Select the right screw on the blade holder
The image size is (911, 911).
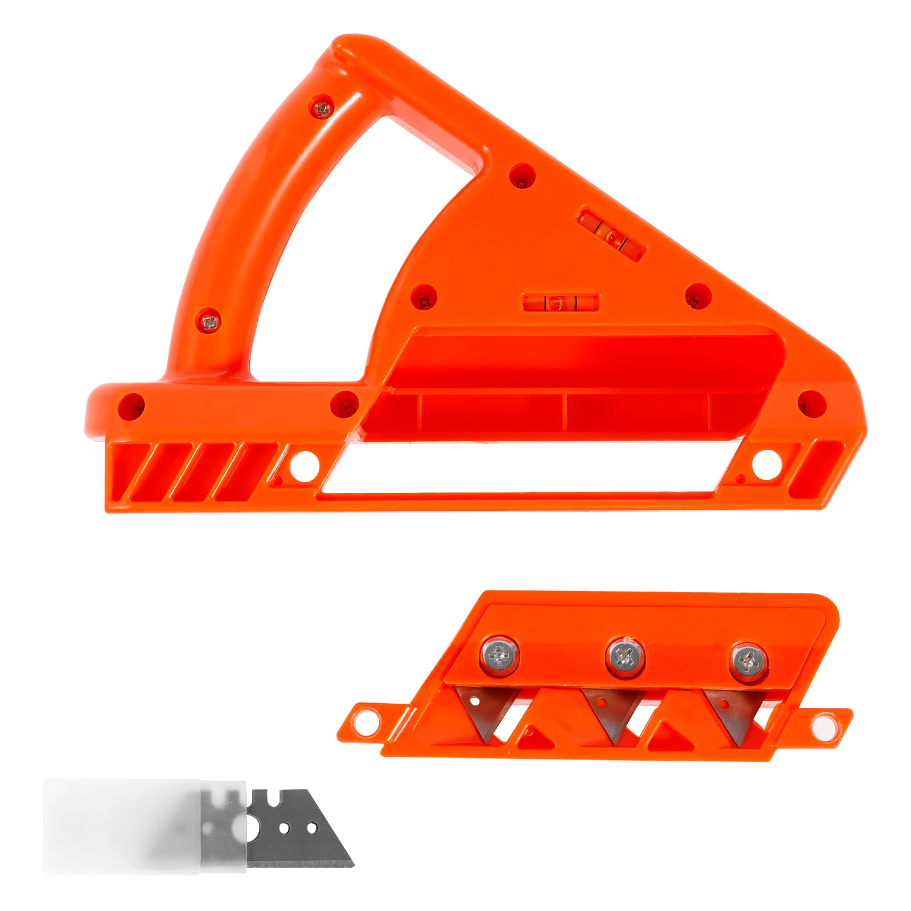(748, 660)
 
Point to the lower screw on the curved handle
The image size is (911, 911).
(210, 322)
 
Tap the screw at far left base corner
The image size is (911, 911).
(133, 406)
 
